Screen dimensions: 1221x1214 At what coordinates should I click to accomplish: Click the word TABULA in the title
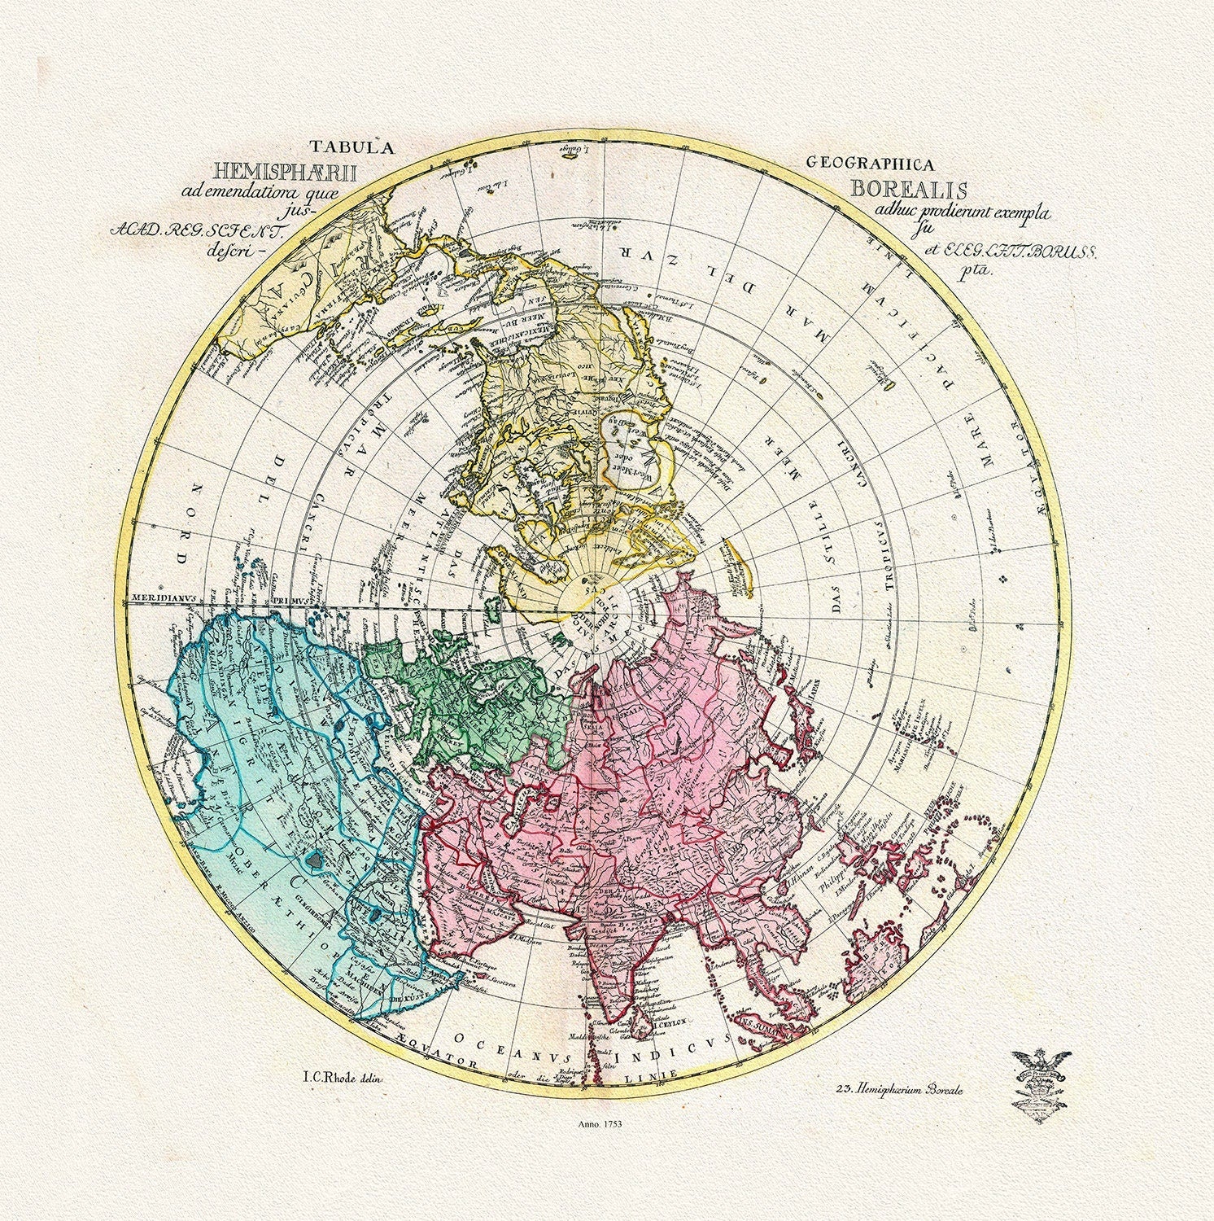point(351,147)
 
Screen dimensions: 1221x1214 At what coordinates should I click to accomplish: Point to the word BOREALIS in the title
point(909,189)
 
